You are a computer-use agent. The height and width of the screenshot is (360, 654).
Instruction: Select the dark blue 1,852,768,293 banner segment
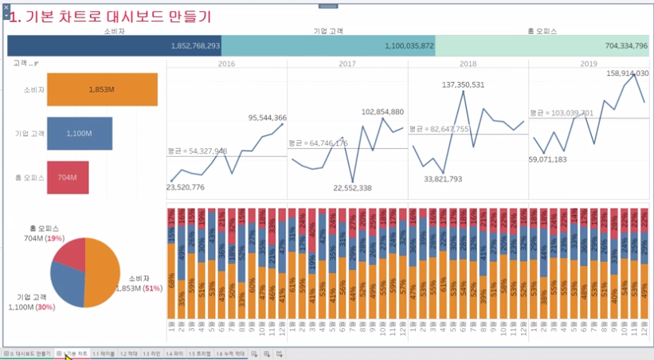coord(114,46)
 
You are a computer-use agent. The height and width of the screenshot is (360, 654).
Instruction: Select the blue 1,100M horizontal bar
coord(79,134)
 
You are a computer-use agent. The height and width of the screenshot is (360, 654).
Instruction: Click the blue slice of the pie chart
coord(66,283)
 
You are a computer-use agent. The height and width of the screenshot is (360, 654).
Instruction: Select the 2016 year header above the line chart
coord(226,63)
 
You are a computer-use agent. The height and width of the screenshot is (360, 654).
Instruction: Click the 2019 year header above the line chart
coord(589,63)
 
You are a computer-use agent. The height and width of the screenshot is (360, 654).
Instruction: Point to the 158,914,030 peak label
coord(627,73)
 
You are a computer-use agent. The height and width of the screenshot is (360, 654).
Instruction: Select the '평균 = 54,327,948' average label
coord(197,151)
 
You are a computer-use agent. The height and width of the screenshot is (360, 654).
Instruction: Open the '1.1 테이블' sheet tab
coord(103,353)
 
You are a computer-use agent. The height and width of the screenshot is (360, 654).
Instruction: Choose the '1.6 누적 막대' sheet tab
coord(230,353)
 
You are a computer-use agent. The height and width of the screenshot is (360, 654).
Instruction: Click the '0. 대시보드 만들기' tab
coord(28,353)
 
